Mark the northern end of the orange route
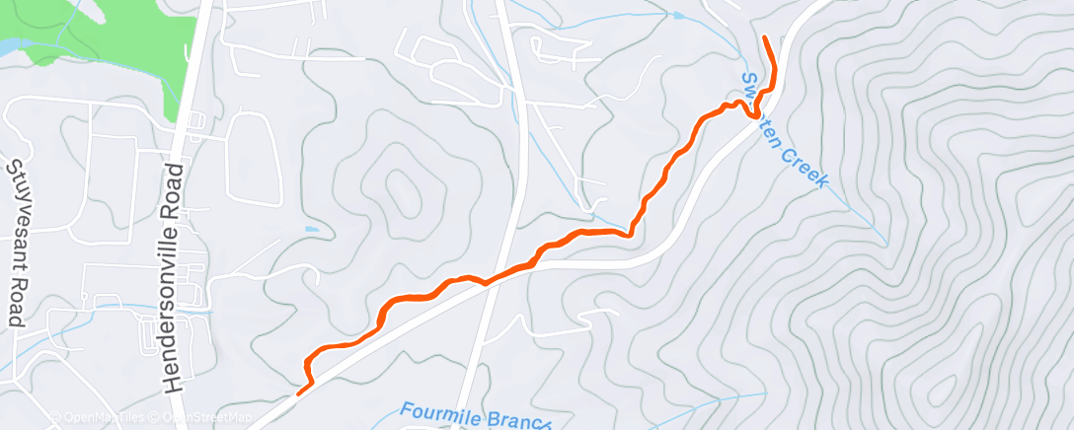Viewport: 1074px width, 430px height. [765, 38]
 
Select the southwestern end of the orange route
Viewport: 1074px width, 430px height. [298, 394]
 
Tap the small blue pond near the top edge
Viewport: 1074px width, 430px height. [677, 16]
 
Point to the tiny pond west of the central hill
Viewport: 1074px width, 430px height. [312, 229]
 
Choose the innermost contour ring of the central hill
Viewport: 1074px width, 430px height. [401, 186]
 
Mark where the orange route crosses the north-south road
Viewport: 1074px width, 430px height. [486, 283]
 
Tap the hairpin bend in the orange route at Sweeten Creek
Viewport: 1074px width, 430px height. [754, 114]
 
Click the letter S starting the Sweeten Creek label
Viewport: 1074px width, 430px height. [750, 79]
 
